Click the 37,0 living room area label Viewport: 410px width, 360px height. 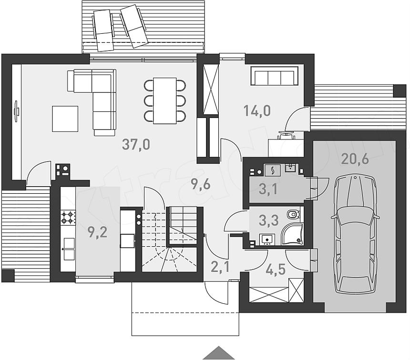tap(136, 144)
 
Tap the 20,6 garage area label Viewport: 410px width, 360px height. tap(355, 159)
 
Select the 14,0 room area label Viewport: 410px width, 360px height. tap(256, 111)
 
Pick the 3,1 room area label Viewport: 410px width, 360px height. tap(268, 189)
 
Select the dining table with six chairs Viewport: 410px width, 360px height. tap(164, 100)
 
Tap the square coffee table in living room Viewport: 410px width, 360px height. tap(65, 119)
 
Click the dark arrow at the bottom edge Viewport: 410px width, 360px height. tap(219, 353)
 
